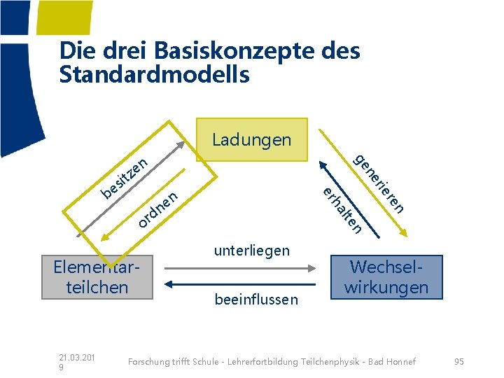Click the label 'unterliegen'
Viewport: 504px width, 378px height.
[251, 251]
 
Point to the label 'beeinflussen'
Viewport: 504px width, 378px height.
[256, 300]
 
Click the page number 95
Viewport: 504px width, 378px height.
[459, 361]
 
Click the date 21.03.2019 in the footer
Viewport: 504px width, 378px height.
[77, 361]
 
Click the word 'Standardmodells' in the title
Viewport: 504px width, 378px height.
[155, 74]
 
